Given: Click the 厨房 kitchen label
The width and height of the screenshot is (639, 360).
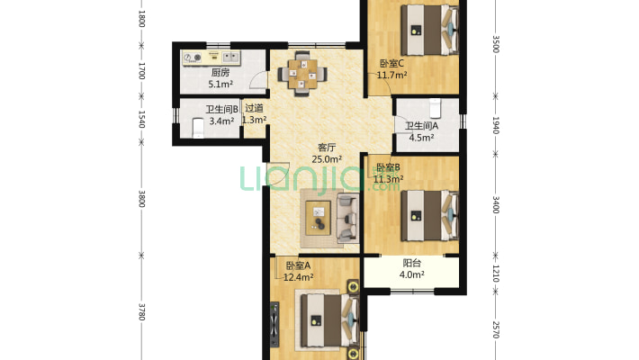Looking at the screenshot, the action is [220, 73].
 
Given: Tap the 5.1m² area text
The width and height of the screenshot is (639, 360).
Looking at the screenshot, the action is [220, 85].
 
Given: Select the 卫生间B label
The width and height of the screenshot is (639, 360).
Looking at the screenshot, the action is [221, 109].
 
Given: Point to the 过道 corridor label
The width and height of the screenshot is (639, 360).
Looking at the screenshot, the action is [254, 108].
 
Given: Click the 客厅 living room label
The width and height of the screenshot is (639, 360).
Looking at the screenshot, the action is [327, 148].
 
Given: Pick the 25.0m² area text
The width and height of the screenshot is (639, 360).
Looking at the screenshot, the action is [327, 159].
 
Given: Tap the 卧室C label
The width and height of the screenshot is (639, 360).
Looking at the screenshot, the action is [391, 63].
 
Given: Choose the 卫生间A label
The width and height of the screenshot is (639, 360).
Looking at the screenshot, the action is [421, 126].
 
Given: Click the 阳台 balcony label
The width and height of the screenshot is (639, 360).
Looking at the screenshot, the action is [411, 263].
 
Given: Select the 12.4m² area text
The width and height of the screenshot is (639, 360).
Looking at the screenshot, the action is [298, 277].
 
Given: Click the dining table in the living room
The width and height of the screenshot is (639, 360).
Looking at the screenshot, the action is [302, 74].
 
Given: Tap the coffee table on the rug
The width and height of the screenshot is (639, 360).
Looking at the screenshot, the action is [319, 218].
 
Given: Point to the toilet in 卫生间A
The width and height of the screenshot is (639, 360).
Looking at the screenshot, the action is [435, 108].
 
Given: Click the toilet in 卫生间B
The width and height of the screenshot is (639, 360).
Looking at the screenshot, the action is [198, 128].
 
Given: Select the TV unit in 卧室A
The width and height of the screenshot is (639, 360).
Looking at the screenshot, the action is [275, 325].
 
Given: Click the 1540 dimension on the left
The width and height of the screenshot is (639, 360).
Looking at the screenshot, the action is [141, 119].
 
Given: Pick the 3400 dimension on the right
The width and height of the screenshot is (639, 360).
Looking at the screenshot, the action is [496, 204].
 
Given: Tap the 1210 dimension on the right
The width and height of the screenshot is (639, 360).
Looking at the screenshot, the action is [496, 274].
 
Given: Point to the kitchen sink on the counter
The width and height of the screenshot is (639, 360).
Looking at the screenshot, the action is [230, 57].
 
